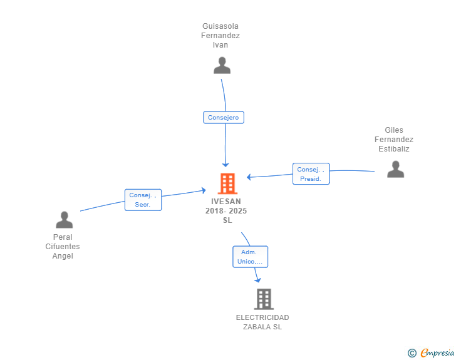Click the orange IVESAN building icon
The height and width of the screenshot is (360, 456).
[227, 183]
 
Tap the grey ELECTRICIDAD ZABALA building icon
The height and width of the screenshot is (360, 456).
[264, 299]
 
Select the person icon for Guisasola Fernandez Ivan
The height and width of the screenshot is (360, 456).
[222, 66]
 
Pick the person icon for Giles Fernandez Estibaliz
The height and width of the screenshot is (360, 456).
[395, 169]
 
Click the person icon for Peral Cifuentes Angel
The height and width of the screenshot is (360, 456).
[65, 220]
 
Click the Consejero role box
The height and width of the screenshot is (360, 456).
[224, 118]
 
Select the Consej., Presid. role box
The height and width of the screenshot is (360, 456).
[311, 174]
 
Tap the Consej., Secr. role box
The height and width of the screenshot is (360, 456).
[143, 200]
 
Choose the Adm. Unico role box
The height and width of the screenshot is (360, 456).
[250, 257]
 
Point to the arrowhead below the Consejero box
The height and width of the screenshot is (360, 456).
[225, 165]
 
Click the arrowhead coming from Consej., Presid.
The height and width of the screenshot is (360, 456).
[249, 177]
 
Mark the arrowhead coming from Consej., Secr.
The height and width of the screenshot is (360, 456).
[204, 190]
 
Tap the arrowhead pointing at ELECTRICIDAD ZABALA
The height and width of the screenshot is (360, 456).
[257, 280]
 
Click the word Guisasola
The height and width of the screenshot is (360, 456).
[220, 26]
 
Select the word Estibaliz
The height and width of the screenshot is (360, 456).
[394, 149]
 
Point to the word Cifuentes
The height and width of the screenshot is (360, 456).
[63, 247]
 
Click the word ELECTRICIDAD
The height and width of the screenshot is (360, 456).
[262, 317]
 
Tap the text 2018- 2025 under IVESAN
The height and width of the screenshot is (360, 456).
[226, 211]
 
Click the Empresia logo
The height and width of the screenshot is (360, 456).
[437, 352]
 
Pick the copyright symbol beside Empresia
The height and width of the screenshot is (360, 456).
[412, 353]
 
